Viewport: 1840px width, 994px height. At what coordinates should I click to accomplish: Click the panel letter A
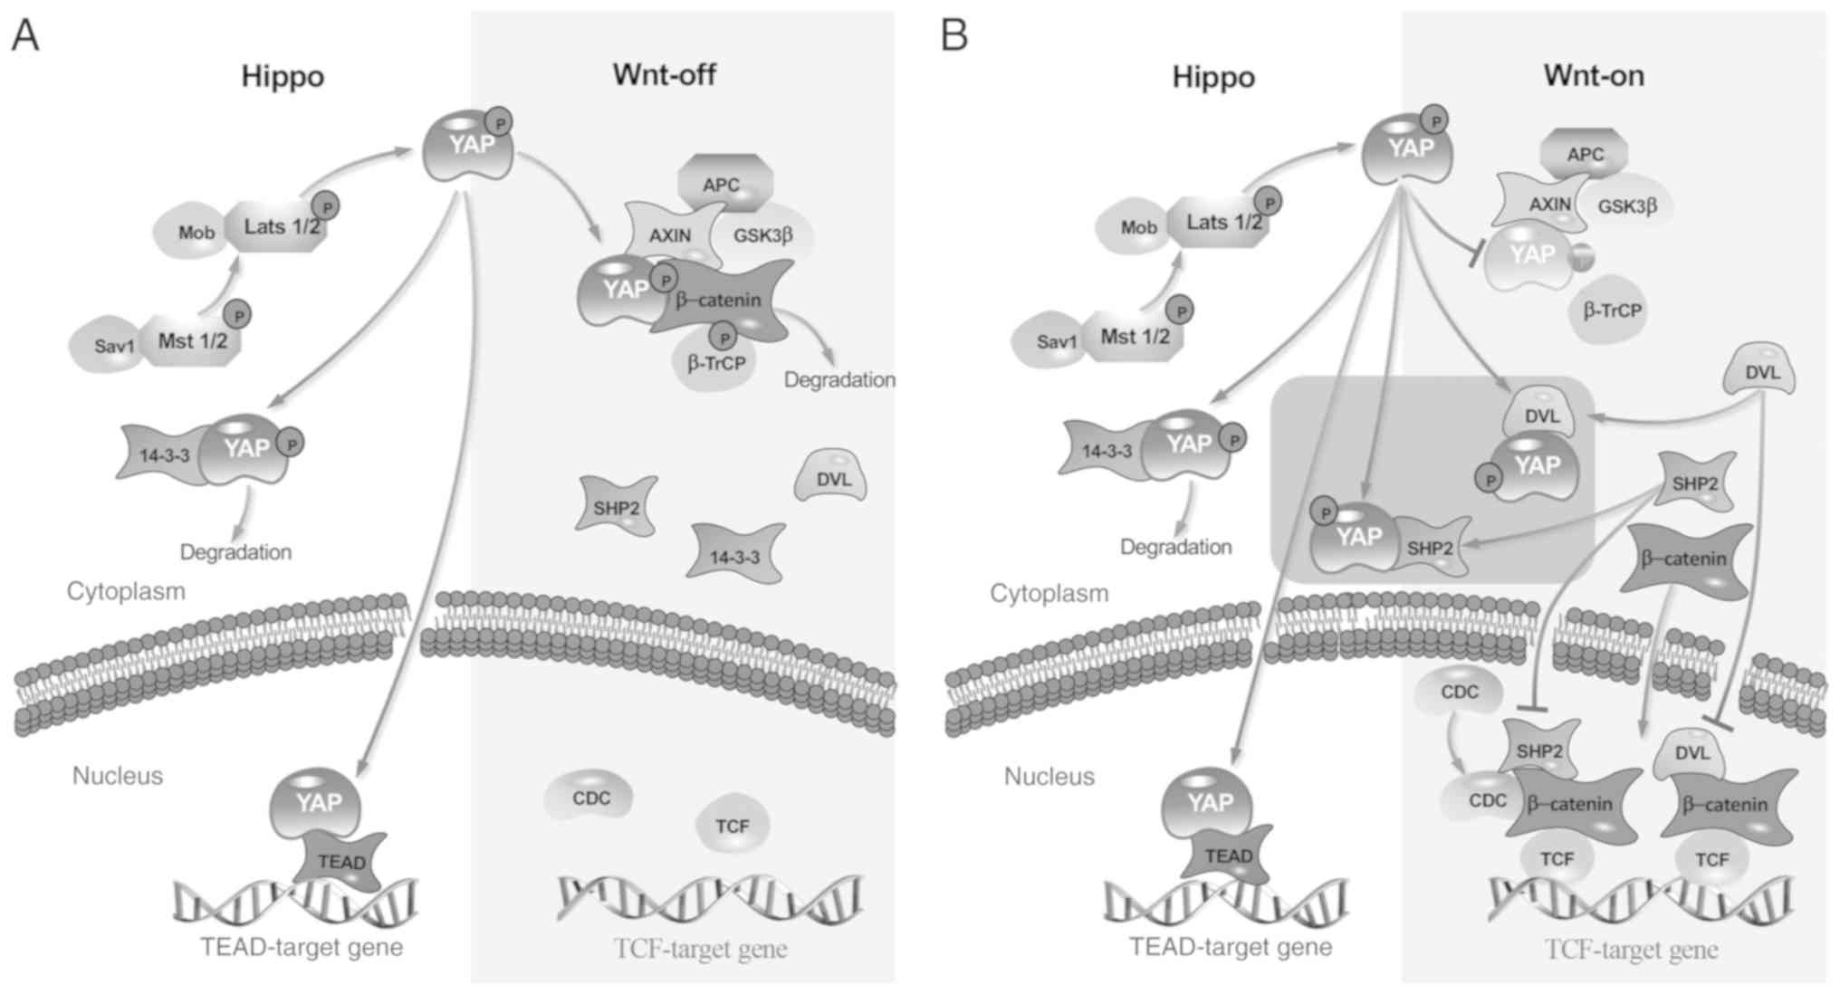(25, 35)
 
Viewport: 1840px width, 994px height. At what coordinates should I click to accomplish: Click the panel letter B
(955, 35)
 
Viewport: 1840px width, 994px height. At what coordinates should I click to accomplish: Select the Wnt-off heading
(664, 74)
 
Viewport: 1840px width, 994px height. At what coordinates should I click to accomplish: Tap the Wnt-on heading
(1594, 75)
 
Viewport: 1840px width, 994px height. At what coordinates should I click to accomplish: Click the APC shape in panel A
(723, 184)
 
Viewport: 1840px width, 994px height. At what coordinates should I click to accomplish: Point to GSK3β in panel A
(763, 235)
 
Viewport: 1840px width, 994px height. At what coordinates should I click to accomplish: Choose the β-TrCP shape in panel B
(1613, 311)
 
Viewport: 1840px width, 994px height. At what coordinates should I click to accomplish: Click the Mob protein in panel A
(196, 233)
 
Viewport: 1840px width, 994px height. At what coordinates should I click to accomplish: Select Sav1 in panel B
(1056, 342)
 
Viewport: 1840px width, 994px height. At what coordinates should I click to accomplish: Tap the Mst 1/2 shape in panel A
(192, 341)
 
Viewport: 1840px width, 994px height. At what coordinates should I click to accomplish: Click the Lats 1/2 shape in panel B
(1224, 223)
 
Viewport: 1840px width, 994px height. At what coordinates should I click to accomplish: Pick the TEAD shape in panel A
(341, 862)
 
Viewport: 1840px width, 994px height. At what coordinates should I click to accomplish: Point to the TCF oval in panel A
(733, 826)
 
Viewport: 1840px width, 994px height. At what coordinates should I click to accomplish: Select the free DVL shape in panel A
(832, 479)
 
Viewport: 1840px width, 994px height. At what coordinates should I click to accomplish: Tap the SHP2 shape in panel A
(617, 508)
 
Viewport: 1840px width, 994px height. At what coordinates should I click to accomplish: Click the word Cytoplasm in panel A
(126, 591)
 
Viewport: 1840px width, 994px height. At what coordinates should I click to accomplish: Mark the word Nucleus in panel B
(1049, 777)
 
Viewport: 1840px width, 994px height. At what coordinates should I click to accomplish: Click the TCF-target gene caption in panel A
(700, 949)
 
